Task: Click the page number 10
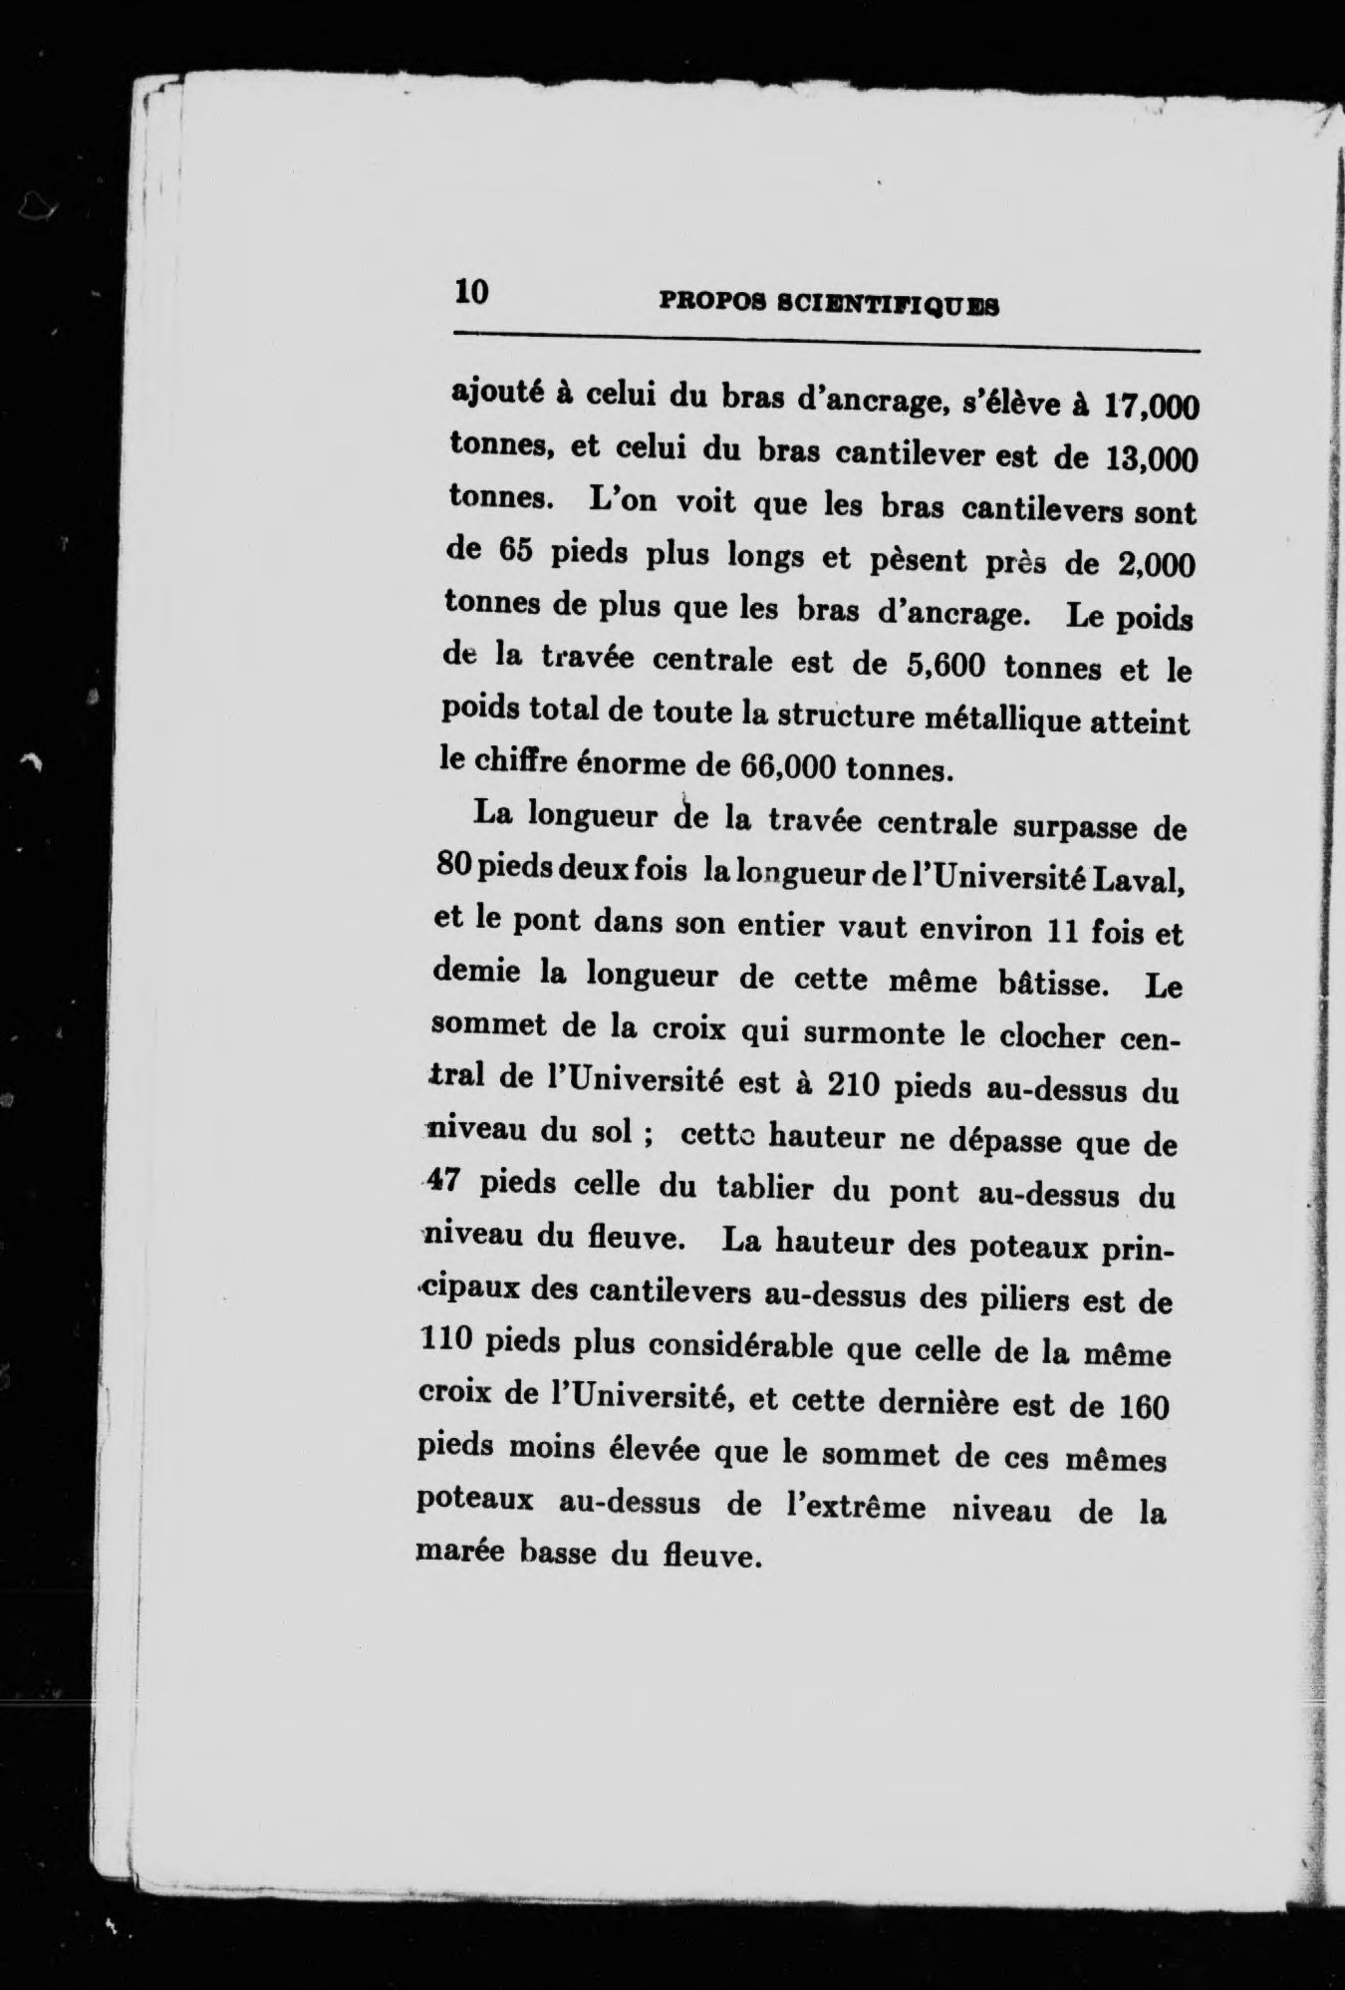click(x=470, y=292)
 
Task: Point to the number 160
click(x=1137, y=1406)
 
